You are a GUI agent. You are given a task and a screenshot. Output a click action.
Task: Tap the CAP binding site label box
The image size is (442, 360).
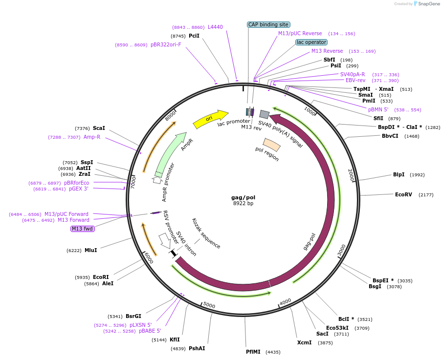[268, 24]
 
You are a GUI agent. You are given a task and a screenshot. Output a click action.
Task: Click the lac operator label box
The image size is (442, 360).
[311, 42]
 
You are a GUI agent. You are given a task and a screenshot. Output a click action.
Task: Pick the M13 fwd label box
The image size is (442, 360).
[83, 229]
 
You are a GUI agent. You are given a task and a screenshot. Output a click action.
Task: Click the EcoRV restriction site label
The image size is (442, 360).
[403, 194]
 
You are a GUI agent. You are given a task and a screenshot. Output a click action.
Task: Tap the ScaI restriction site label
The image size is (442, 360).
[99, 128]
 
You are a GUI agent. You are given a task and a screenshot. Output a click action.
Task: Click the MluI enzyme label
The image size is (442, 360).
[90, 250]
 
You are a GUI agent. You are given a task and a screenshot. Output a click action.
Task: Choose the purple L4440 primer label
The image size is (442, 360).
[215, 27]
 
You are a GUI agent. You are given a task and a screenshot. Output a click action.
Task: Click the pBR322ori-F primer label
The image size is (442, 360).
[166, 44]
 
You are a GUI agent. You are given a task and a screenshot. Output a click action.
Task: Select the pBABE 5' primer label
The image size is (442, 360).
[150, 331]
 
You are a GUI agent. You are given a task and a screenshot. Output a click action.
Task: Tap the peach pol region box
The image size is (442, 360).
[271, 145]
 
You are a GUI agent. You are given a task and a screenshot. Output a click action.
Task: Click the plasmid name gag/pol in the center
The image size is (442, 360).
[243, 197]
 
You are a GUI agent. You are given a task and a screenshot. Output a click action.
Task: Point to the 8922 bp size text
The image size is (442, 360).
[243, 204]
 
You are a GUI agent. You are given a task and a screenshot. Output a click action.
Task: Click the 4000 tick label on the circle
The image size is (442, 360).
[285, 301]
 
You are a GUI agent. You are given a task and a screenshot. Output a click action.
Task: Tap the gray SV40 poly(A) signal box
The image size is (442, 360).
[264, 114]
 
